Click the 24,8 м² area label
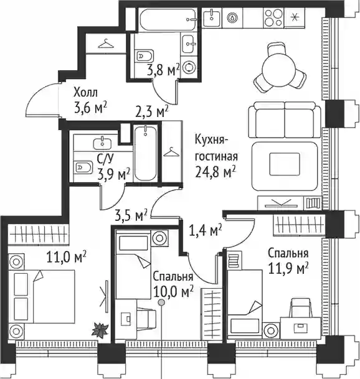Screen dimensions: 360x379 [216, 172]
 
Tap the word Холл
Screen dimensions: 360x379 [85, 93]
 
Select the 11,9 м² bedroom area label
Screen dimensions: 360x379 [288, 268]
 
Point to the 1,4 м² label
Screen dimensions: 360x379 [206, 230]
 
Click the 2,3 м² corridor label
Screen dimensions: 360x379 [152, 111]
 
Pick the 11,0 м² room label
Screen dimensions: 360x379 [66, 257]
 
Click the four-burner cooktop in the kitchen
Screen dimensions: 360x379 [273, 17]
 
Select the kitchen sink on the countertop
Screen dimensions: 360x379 [212, 17]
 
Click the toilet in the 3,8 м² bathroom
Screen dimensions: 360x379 [144, 56]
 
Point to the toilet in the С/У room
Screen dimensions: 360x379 [83, 167]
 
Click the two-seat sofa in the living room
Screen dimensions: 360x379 [285, 120]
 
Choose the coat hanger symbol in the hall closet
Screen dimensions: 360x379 [106, 44]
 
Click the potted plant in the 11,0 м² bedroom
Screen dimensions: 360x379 [100, 330]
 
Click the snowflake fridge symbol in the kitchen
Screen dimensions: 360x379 [295, 17]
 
